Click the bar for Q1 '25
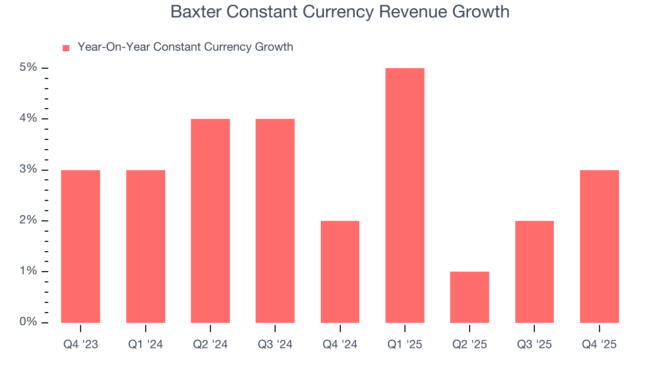tap(404, 195)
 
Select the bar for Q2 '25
tap(469, 297)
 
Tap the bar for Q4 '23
tap(81, 246)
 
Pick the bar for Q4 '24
tap(340, 272)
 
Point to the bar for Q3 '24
tap(275, 220)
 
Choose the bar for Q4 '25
tap(599, 246)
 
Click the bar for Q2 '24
tap(210, 220)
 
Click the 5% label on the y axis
tap(28, 68)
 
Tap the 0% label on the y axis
tap(28, 322)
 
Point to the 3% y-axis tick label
tap(28, 170)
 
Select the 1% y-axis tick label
tap(28, 271)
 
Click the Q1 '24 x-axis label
tap(145, 345)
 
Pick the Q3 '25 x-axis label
tap(534, 345)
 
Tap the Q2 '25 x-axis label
tap(469, 345)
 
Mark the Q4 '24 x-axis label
tap(340, 345)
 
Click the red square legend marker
tap(66, 48)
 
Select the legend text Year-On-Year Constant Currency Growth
tap(185, 47)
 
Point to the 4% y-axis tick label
tap(28, 118)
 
